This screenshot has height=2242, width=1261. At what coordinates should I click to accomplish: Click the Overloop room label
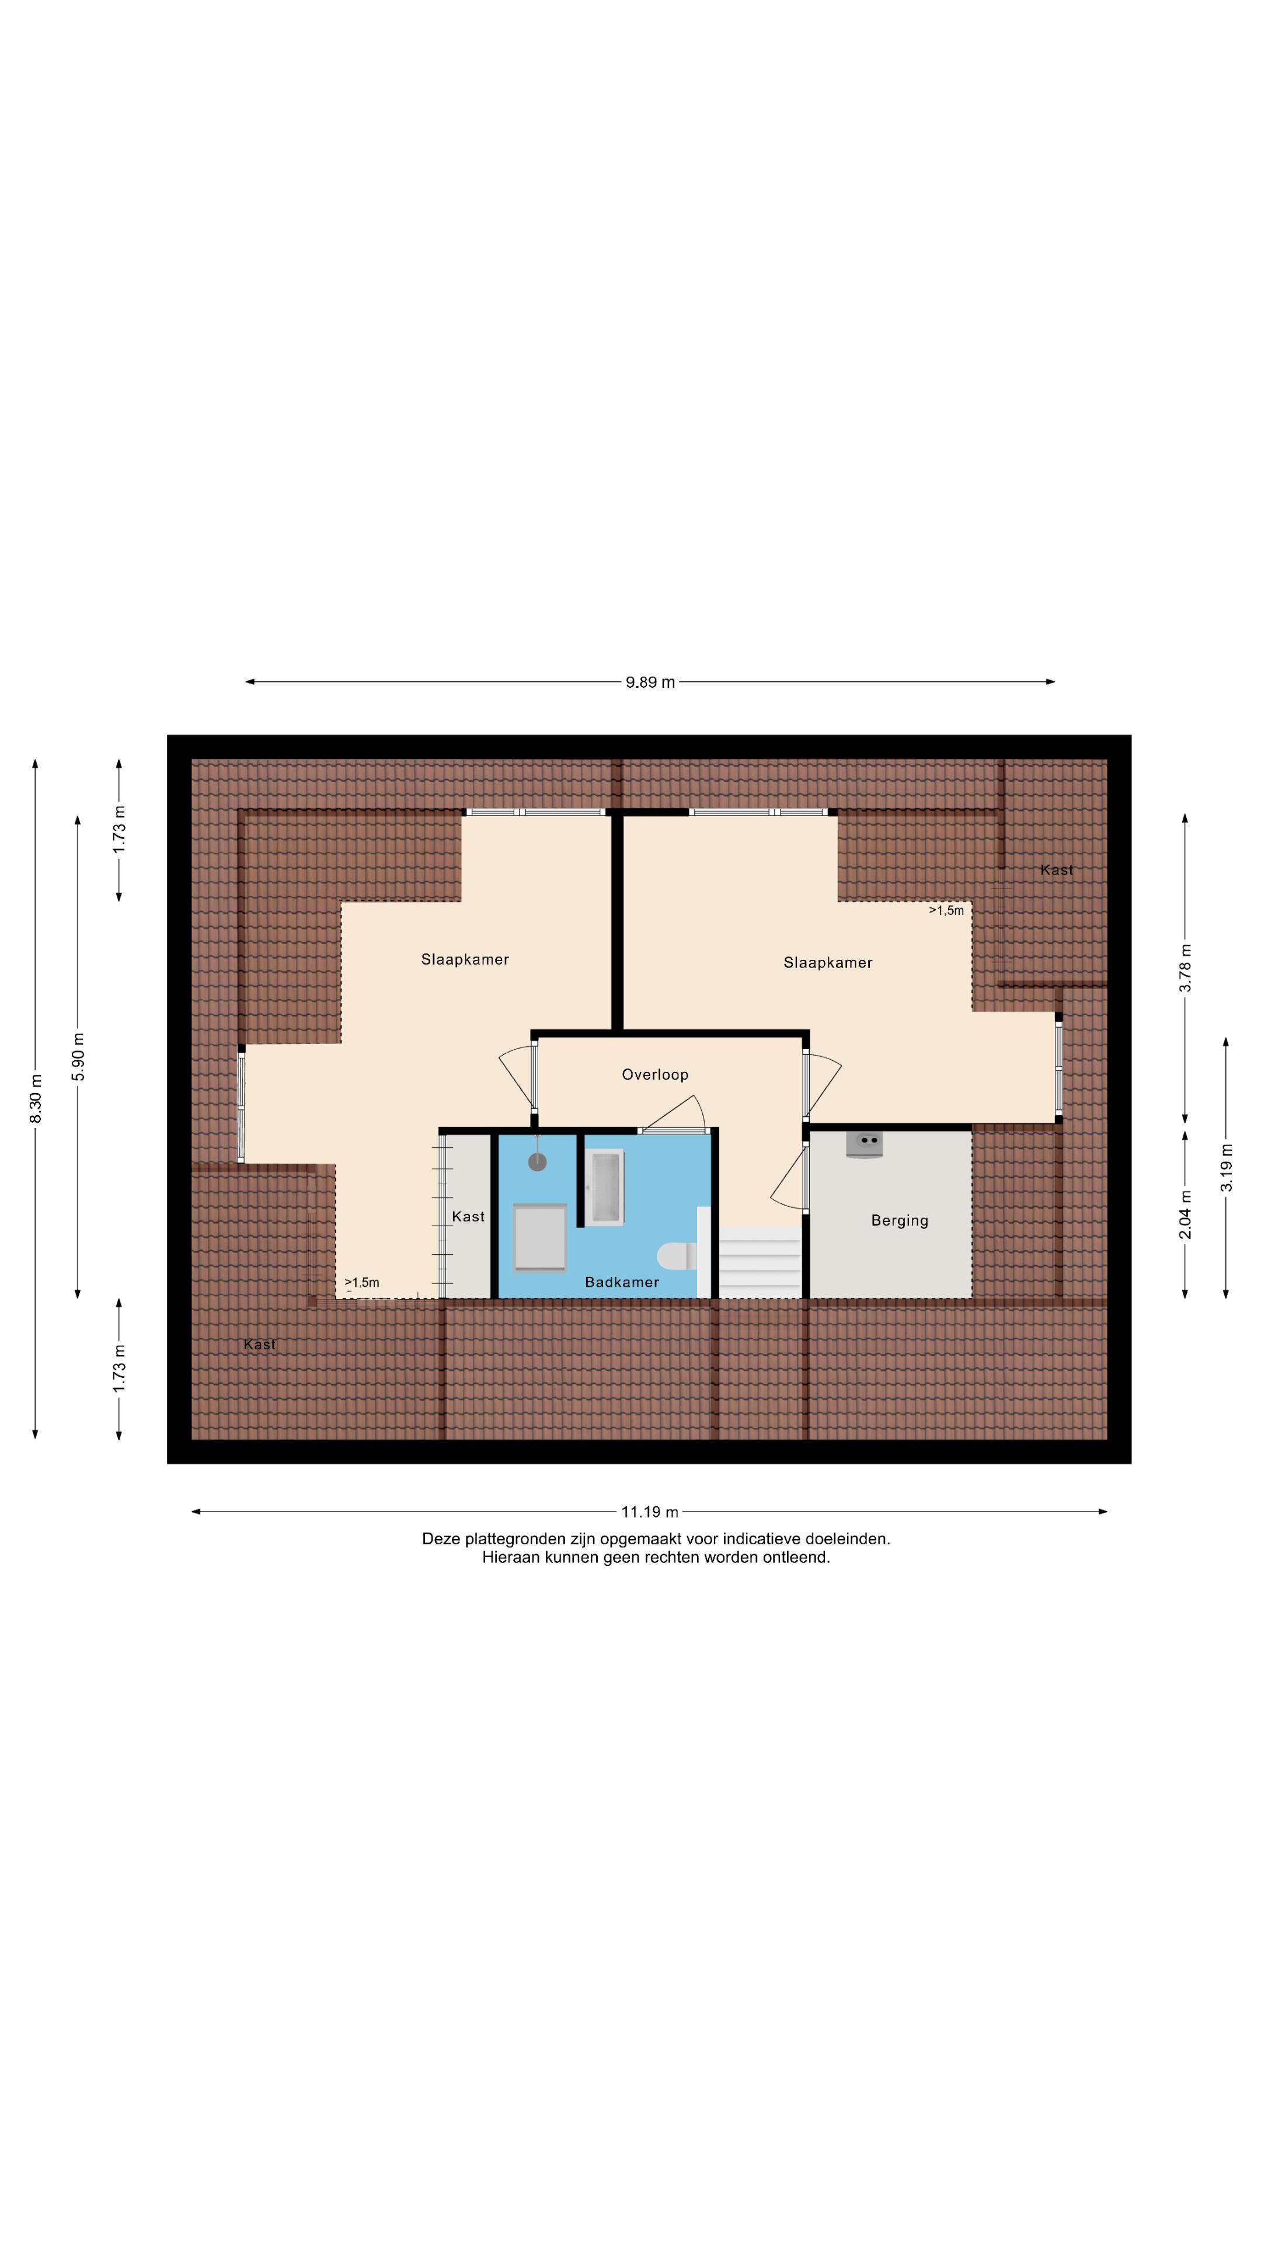pyautogui.click(x=654, y=1075)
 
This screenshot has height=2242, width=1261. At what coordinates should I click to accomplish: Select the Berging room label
pyautogui.click(x=899, y=1220)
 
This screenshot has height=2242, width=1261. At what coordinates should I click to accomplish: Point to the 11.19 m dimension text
pyautogui.click(x=649, y=1512)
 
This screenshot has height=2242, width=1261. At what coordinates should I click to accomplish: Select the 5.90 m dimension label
pyautogui.click(x=78, y=1057)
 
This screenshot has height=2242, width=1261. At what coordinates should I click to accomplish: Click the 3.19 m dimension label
pyautogui.click(x=1226, y=1168)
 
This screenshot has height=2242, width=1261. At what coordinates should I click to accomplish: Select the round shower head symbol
pyautogui.click(x=538, y=1162)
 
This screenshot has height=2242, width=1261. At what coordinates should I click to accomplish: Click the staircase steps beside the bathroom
pyautogui.click(x=759, y=1261)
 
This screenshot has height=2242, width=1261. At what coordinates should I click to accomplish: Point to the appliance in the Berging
pyautogui.click(x=864, y=1144)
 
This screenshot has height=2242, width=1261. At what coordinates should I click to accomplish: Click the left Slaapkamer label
pyautogui.click(x=465, y=959)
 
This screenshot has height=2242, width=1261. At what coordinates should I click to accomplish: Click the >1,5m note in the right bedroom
pyautogui.click(x=946, y=910)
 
